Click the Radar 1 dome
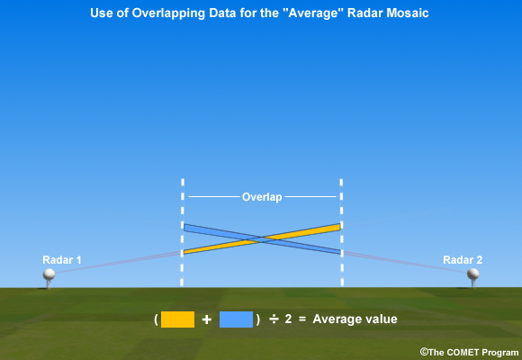[x=49, y=274]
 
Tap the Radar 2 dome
[x=472, y=274]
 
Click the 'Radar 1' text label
[x=62, y=260]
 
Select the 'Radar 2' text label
[x=463, y=260]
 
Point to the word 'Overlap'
[x=262, y=197]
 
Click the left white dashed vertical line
[x=183, y=232]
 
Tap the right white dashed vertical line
[x=342, y=232]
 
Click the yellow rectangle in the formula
[x=177, y=319]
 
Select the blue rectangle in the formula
[x=236, y=319]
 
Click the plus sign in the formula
[x=207, y=319]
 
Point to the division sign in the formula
[x=274, y=319]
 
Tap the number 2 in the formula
[x=288, y=319]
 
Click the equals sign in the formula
[x=302, y=319]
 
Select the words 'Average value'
[x=355, y=319]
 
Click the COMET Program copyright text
[x=469, y=352]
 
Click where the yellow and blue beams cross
[x=262, y=238]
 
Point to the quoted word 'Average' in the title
[x=321, y=13]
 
